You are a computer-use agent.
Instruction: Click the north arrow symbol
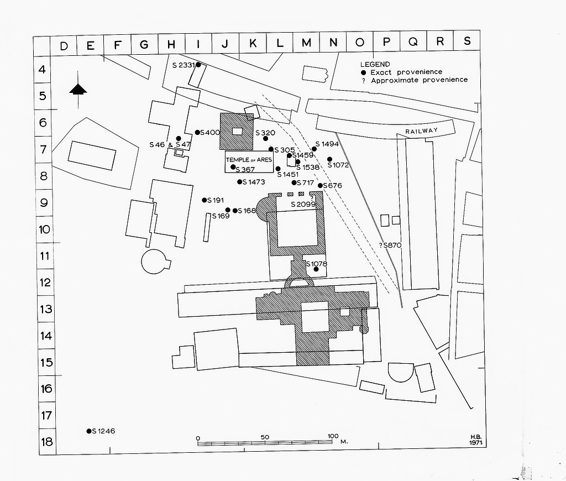[x=78, y=90]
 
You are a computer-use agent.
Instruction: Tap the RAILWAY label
[x=421, y=130]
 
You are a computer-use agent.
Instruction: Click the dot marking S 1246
[x=88, y=431]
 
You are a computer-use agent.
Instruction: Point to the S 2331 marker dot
[x=198, y=65]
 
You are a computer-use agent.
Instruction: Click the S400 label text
[x=211, y=133]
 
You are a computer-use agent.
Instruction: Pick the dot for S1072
[x=330, y=159]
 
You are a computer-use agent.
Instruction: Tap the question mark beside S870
[x=381, y=245]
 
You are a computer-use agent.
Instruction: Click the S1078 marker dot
[x=316, y=269]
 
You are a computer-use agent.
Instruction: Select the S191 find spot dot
[x=205, y=200]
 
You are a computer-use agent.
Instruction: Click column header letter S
[x=467, y=41]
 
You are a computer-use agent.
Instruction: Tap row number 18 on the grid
[x=46, y=442]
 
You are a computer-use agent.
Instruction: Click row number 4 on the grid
[x=42, y=70]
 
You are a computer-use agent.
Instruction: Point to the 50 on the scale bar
[x=265, y=437]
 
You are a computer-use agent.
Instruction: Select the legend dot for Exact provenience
[x=363, y=72]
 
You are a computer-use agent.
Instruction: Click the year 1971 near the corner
[x=474, y=443]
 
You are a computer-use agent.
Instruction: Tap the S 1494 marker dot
[x=314, y=149]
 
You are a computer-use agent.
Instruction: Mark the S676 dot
[x=320, y=186]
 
